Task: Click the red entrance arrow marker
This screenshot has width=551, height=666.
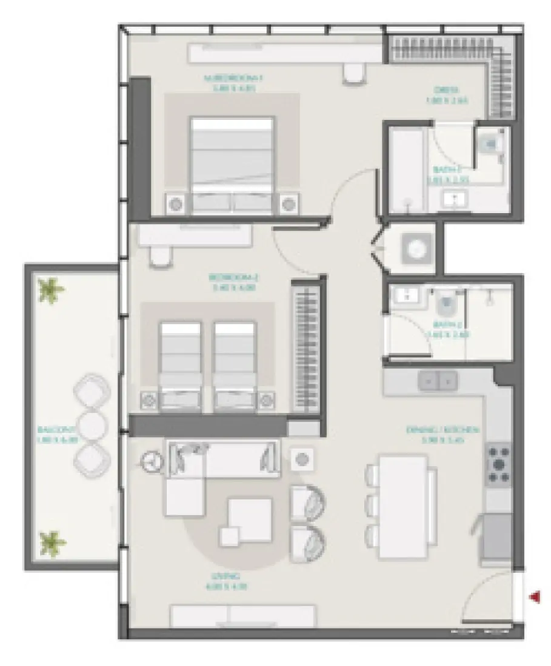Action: [x=535, y=598]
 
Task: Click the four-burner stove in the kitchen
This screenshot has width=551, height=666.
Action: [x=499, y=464]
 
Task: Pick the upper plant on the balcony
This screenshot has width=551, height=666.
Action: [x=50, y=290]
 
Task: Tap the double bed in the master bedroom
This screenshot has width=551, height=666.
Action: [x=232, y=163]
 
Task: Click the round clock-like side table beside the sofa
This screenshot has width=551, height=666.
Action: [x=150, y=463]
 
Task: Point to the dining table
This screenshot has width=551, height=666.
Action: [x=401, y=506]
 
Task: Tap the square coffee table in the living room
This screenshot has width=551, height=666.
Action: [x=250, y=518]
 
